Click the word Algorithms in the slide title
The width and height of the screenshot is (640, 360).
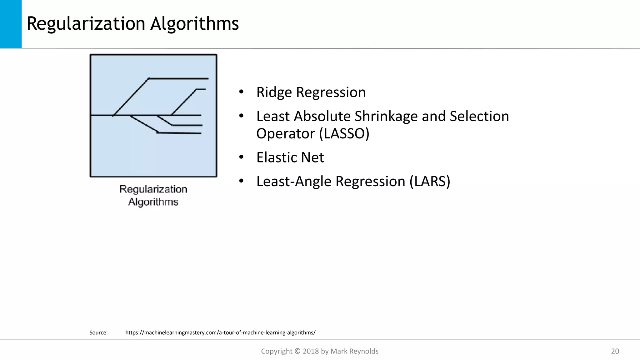(x=194, y=24)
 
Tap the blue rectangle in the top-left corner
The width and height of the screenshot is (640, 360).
(x=11, y=24)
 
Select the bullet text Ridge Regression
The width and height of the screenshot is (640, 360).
(x=311, y=92)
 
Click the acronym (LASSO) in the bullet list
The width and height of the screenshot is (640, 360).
(x=344, y=133)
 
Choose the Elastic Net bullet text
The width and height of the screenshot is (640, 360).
(x=290, y=157)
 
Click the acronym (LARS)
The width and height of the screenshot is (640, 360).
(x=430, y=181)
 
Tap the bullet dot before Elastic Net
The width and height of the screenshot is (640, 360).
(x=241, y=157)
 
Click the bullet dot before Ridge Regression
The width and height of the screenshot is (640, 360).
(x=241, y=92)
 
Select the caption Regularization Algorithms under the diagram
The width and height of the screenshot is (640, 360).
(x=153, y=195)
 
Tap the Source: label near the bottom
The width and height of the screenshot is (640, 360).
(x=98, y=332)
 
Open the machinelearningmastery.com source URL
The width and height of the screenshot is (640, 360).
(x=220, y=332)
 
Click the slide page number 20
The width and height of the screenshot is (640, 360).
(x=615, y=351)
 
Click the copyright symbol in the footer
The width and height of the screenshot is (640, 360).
(x=297, y=351)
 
